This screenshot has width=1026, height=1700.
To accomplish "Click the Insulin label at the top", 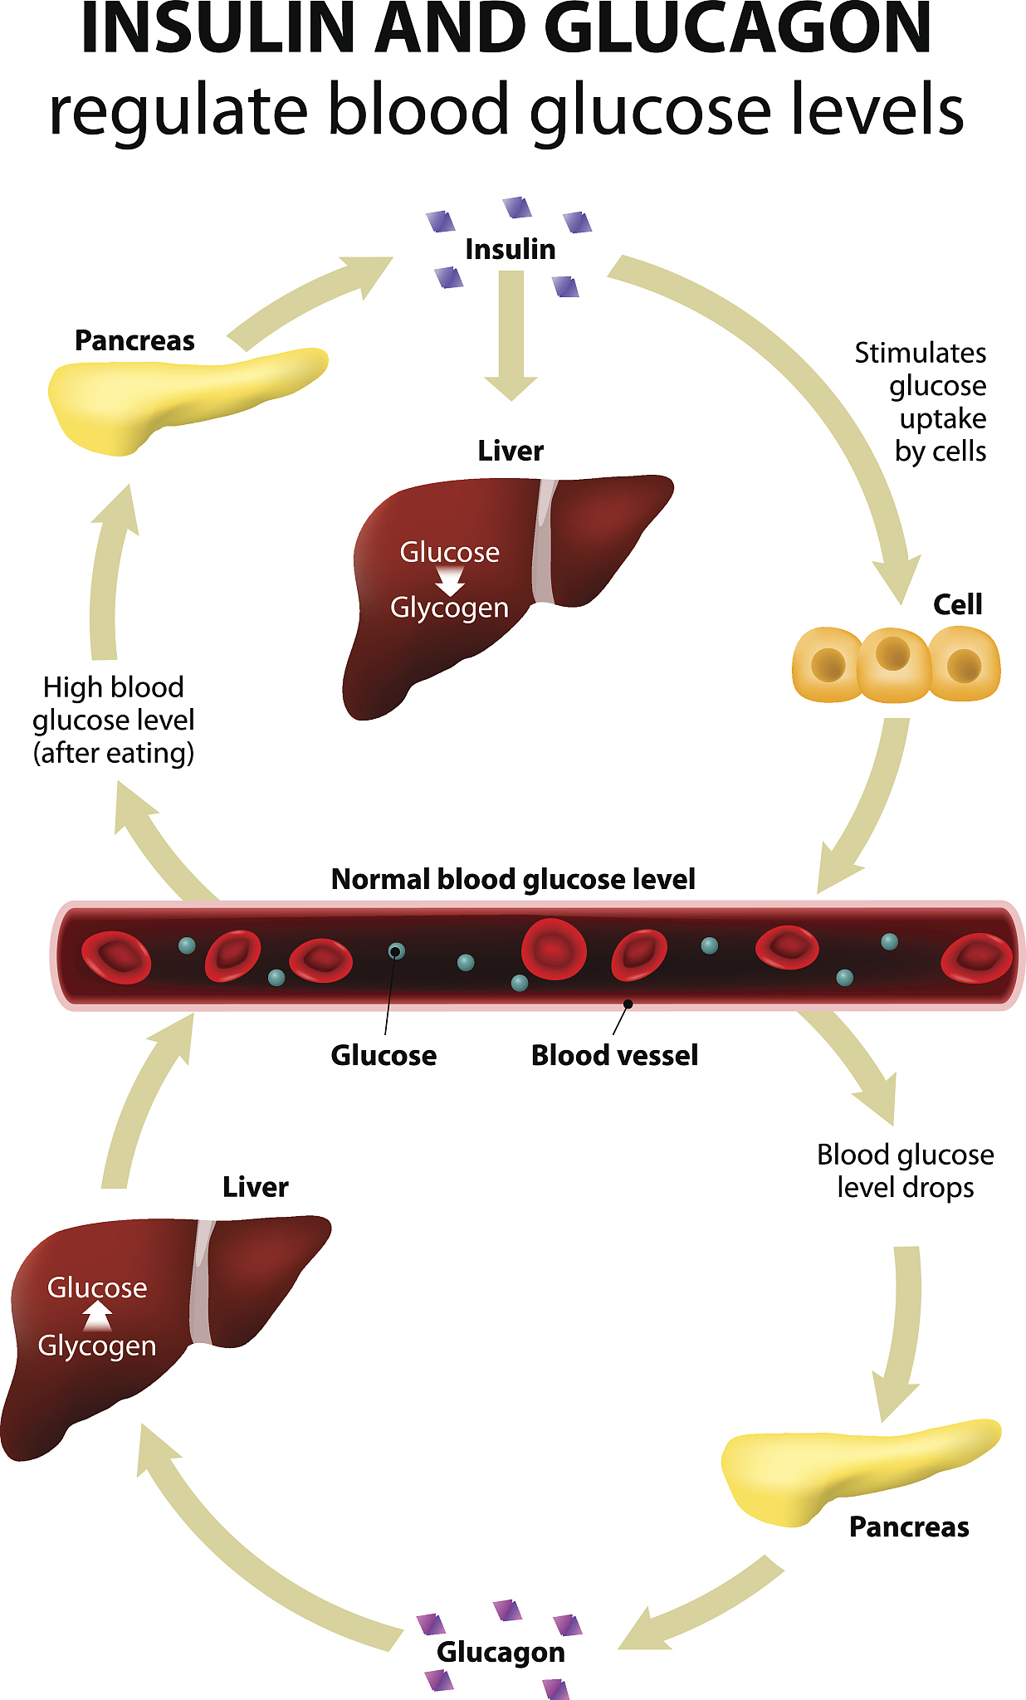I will coord(510,249).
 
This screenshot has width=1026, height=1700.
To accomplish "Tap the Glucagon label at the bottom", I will coord(501,1651).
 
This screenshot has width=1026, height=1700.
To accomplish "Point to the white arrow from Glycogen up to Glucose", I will coord(98,1316).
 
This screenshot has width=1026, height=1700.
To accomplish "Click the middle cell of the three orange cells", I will coord(893,664).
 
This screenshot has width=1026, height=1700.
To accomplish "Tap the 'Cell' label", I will coord(957,604).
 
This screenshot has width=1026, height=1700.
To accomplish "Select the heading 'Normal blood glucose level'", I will coord(513,879).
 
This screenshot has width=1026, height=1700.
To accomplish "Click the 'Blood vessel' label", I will coord(614,1055).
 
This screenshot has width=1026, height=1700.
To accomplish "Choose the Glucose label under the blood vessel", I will coord(384,1055).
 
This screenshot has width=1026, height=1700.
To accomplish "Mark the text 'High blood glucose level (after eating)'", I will coord(114,720).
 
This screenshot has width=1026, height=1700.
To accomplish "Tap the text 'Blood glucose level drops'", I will coord(905,1170).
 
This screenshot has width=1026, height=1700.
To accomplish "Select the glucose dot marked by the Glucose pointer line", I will coord(397,951).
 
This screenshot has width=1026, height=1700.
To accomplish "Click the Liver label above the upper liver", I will coord(511,451).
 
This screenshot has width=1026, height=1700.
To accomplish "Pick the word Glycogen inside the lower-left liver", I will coord(97,1346).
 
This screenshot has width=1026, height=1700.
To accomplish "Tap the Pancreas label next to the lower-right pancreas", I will coord(909,1527).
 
